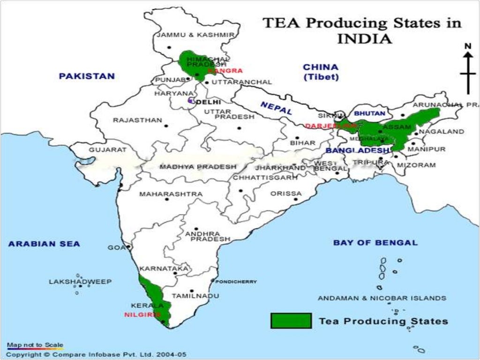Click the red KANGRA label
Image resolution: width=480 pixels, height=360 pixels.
pyautogui.click(x=225, y=71)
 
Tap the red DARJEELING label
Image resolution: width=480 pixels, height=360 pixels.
pyautogui.click(x=326, y=126)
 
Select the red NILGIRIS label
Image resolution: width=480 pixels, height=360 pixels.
pyautogui.click(x=142, y=315)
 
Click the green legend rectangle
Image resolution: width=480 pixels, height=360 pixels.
pyautogui.click(x=291, y=321)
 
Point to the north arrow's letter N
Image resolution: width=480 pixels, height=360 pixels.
pyautogui.click(x=467, y=46)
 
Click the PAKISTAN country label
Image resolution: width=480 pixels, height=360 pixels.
pyautogui.click(x=87, y=76)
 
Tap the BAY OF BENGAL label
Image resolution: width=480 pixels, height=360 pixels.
pyautogui.click(x=375, y=243)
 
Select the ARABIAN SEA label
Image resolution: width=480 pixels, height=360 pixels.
pyautogui.click(x=44, y=244)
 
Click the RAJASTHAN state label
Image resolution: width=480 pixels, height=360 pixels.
pyautogui.click(x=137, y=120)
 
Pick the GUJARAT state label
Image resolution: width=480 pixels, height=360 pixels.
pyautogui.click(x=108, y=150)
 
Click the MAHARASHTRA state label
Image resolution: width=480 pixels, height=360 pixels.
pyautogui.click(x=171, y=194)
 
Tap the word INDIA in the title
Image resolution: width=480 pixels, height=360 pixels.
pyautogui.click(x=364, y=38)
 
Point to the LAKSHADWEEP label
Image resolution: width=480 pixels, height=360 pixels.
pyautogui.click(x=80, y=282)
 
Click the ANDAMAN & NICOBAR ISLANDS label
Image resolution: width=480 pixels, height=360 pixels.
pyautogui.click(x=382, y=298)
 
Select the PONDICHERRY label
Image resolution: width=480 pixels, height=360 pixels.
pyautogui.click(x=236, y=282)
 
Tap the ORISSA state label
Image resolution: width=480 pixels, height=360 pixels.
pyautogui.click(x=286, y=194)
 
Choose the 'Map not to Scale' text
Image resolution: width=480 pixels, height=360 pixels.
pyautogui.click(x=35, y=345)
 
